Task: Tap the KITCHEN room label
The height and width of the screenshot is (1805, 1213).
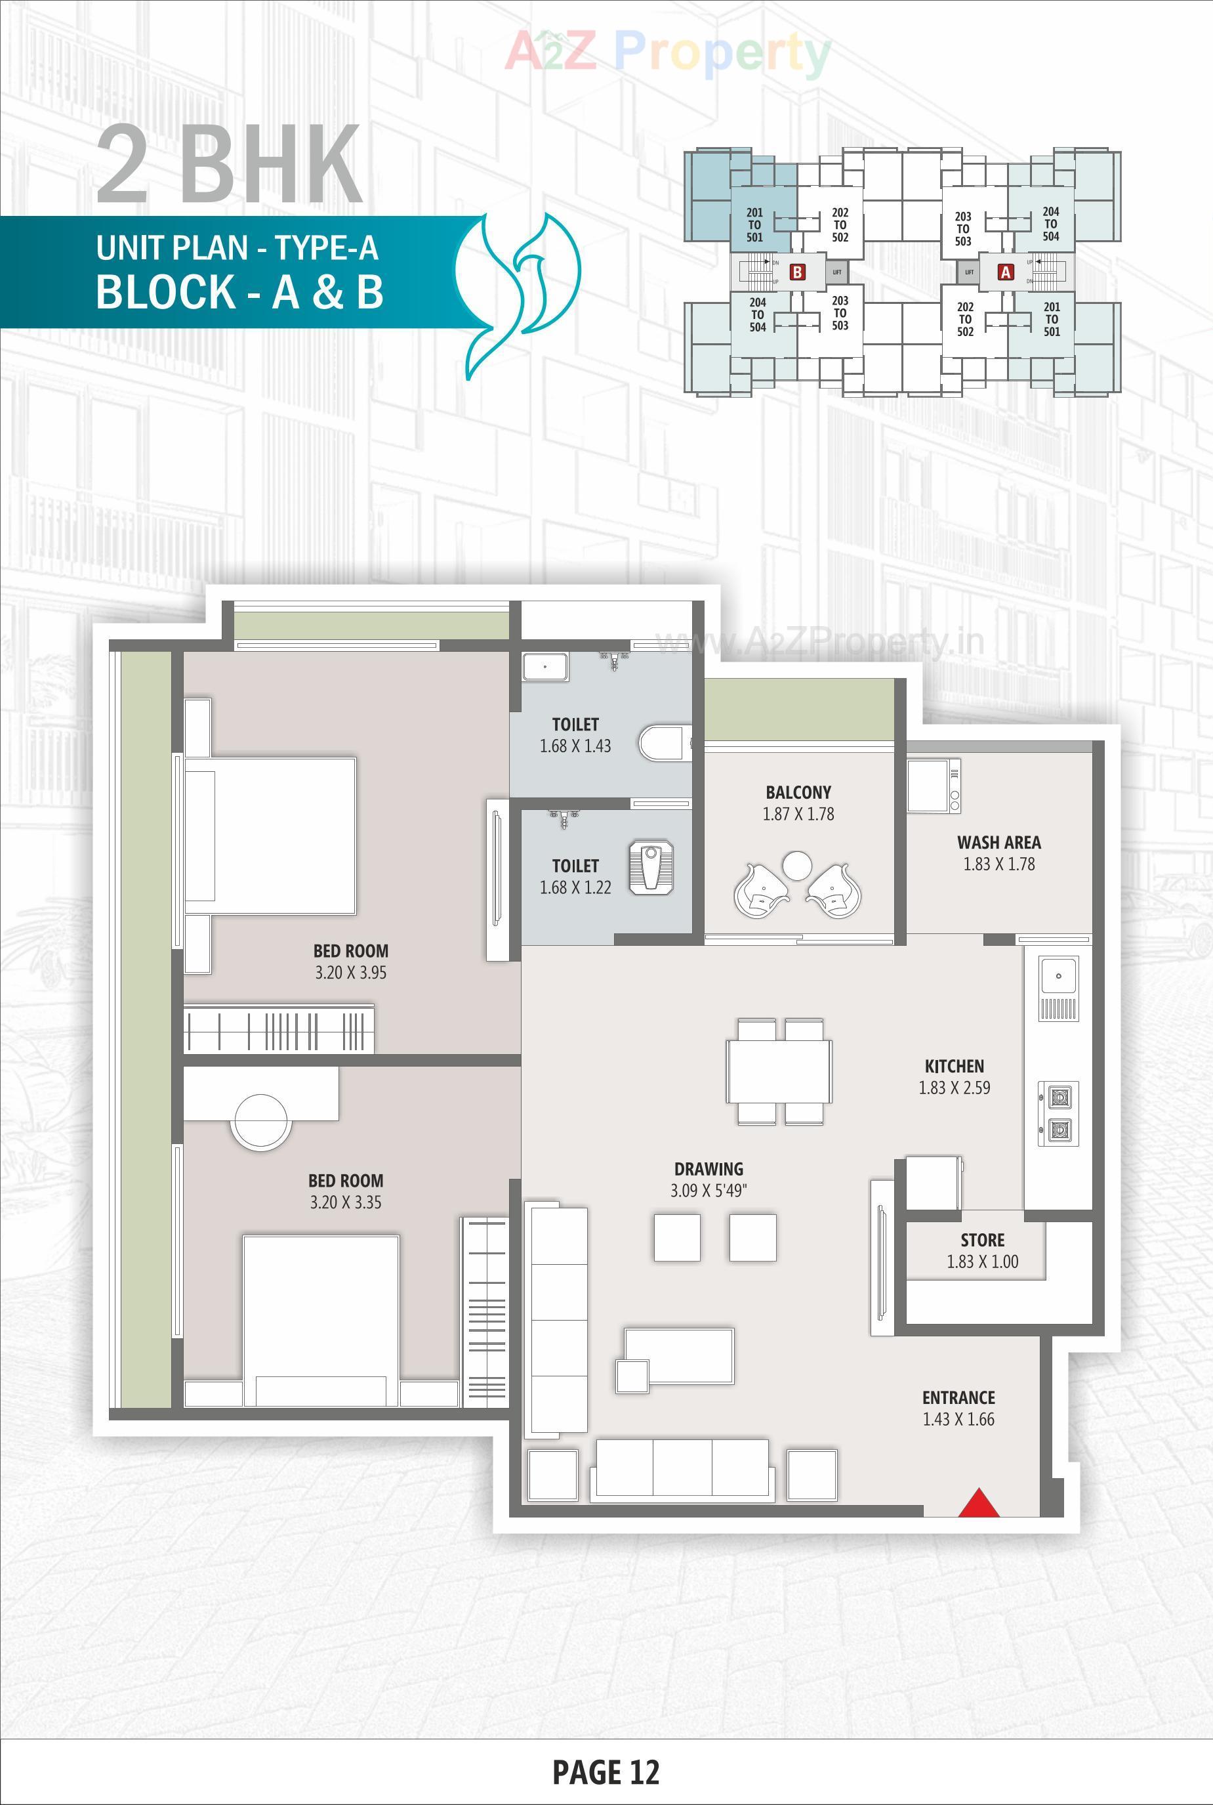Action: pos(954,1066)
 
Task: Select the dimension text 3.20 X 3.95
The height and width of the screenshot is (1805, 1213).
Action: pos(350,973)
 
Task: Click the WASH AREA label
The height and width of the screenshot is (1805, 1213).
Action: pos(998,842)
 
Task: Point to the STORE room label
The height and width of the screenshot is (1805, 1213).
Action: pos(983,1240)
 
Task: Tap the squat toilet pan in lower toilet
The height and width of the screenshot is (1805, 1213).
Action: pos(651,868)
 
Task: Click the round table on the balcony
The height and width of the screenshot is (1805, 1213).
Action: pos(797,864)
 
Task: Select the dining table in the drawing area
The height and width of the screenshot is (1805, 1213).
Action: pos(778,1072)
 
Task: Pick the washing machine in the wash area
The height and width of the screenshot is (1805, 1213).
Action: pos(933,786)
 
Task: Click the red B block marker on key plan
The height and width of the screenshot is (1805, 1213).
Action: pos(797,272)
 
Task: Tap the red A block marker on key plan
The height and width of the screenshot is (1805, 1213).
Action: pos(1006,272)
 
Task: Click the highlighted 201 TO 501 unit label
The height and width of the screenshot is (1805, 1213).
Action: pos(754,225)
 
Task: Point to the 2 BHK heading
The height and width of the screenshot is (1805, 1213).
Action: pos(229,165)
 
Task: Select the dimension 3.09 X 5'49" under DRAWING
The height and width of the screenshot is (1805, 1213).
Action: pos(708,1191)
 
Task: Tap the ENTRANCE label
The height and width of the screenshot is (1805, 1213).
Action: pos(958,1397)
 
